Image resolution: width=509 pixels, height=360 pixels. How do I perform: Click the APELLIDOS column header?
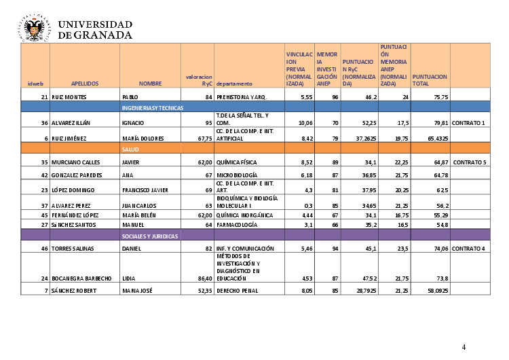click(x=85, y=83)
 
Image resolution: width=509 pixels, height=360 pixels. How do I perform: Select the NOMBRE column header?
click(x=150, y=83)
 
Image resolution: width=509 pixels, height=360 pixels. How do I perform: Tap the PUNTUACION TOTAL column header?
click(x=430, y=80)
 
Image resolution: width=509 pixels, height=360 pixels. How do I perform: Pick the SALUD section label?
click(x=130, y=147)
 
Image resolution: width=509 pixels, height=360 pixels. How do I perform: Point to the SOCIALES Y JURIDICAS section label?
click(x=149, y=236)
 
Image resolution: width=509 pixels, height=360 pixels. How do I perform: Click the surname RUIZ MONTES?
click(x=70, y=97)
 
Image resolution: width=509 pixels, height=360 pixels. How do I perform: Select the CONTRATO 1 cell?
click(x=469, y=123)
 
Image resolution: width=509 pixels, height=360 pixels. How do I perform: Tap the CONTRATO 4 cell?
click(x=469, y=249)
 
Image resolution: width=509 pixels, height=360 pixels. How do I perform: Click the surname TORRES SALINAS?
click(x=74, y=249)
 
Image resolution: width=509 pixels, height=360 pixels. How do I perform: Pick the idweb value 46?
click(x=44, y=249)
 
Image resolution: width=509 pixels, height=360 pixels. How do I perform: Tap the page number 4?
click(x=464, y=347)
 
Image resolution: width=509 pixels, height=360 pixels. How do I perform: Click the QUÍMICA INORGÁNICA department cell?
click(x=244, y=215)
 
